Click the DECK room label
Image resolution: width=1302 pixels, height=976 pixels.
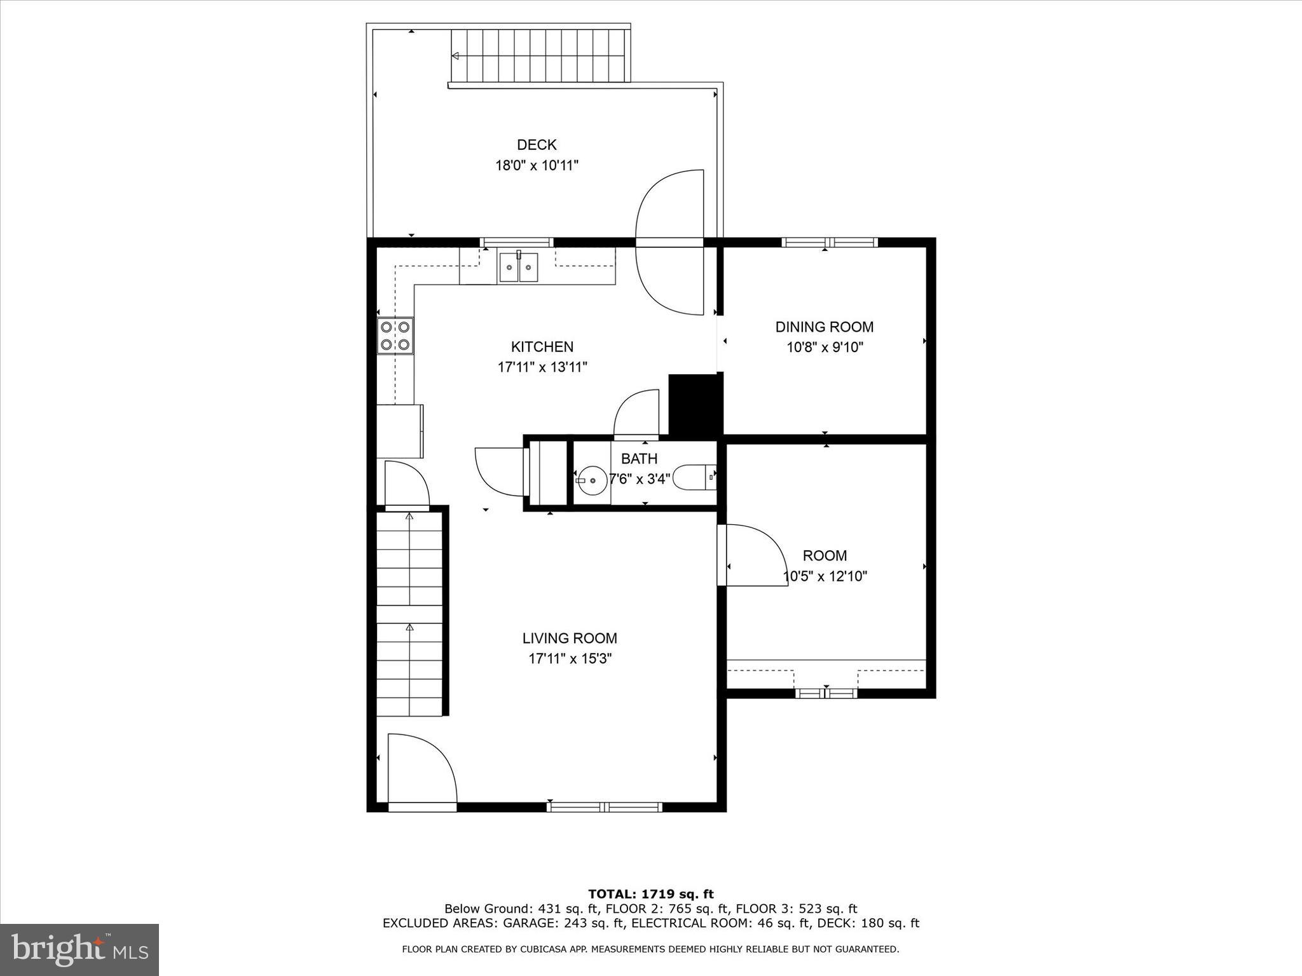[x=537, y=145]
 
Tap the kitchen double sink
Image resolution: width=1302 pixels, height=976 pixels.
[x=518, y=268]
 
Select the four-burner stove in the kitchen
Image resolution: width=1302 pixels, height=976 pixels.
[x=395, y=335]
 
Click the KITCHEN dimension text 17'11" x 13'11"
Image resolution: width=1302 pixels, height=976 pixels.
[x=542, y=367]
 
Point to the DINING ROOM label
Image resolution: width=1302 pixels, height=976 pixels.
[x=824, y=327]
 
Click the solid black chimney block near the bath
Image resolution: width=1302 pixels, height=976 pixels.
[x=696, y=404]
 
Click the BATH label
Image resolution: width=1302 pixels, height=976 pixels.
[x=639, y=459]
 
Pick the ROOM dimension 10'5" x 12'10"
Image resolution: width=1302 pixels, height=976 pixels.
[x=825, y=577]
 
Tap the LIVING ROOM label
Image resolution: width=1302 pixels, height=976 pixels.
[x=570, y=639]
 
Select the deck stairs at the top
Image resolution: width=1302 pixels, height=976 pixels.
[x=539, y=56]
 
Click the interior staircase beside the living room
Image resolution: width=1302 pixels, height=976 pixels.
[x=409, y=613]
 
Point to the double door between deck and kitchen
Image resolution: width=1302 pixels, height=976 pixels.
[x=670, y=242]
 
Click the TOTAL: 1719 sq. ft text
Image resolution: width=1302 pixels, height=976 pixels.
[x=650, y=895]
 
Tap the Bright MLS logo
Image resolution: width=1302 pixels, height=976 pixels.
[x=79, y=949]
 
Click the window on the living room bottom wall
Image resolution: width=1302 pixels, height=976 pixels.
[x=604, y=807]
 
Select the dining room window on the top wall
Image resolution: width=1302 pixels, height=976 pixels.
[x=829, y=242]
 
